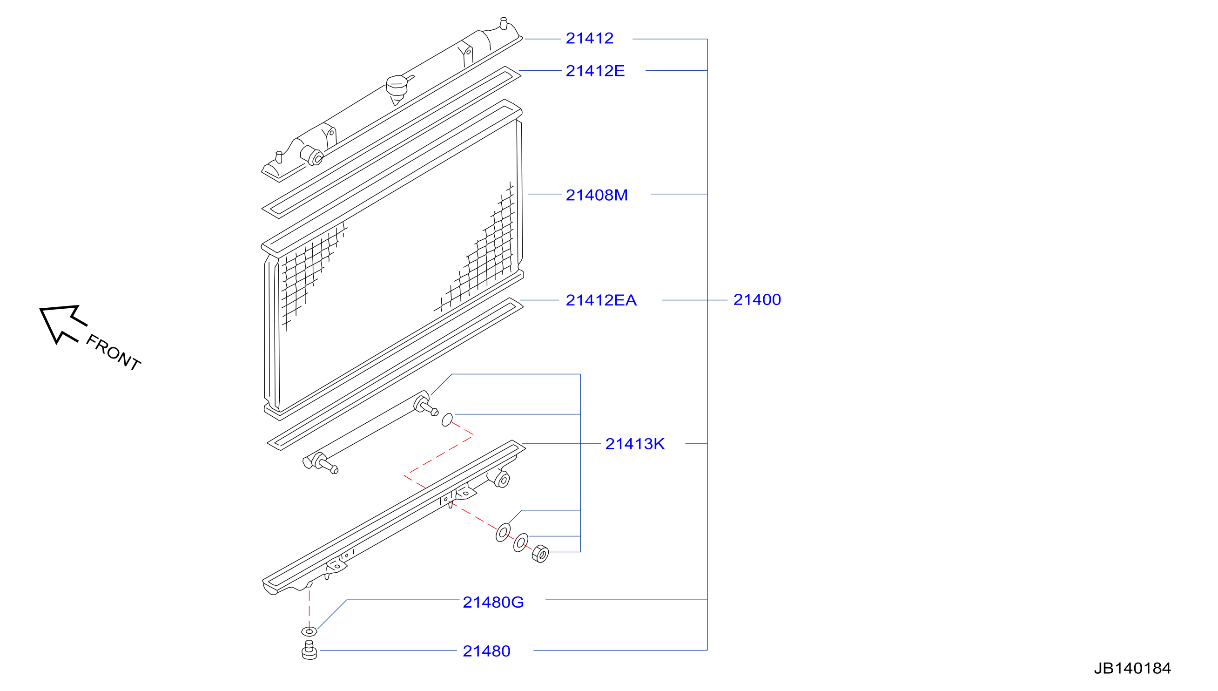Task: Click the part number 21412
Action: pos(589,39)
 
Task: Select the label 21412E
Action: pos(595,71)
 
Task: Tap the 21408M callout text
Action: pos(596,195)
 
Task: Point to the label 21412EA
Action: pos(601,300)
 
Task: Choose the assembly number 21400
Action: pos(757,300)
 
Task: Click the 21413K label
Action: pos(635,444)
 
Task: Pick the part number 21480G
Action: pos(493,602)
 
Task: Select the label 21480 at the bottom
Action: pos(486,651)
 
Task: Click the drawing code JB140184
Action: pos(1132,668)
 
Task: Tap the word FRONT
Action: pos(113,352)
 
